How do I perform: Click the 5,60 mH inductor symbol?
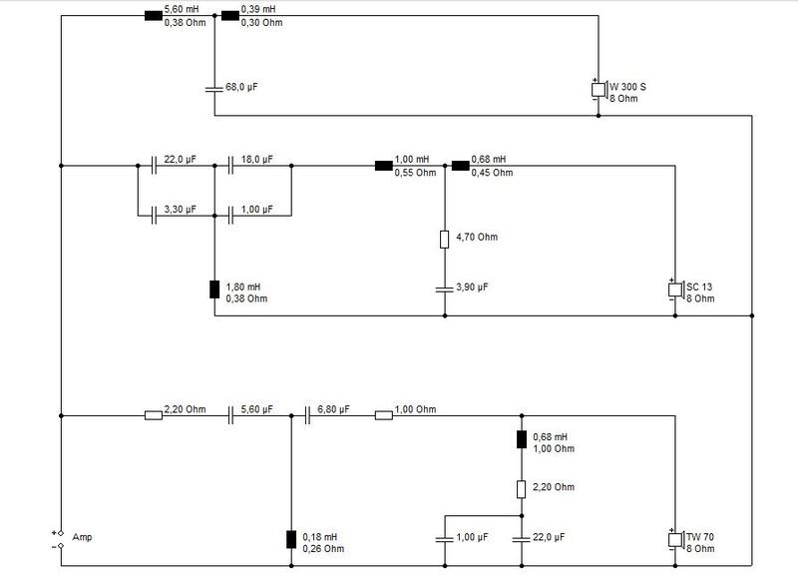(154, 16)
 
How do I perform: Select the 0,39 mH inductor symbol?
(230, 16)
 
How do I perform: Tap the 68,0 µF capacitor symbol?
(214, 89)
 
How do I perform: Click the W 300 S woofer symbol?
(599, 90)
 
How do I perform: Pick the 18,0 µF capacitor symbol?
(230, 166)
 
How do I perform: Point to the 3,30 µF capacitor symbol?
(154, 216)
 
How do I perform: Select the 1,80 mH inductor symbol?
(214, 290)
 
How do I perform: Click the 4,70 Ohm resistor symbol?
(444, 240)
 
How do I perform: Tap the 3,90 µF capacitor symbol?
(444, 290)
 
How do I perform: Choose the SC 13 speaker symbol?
(675, 290)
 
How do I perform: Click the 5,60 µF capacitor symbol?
(230, 415)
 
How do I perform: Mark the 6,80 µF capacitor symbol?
(307, 415)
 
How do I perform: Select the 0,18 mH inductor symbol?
(291, 539)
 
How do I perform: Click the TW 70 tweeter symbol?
(675, 540)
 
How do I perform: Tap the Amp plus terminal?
(61, 533)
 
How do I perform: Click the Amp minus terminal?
(61, 546)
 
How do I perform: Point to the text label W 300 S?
(628, 87)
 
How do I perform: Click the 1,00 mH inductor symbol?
(384, 166)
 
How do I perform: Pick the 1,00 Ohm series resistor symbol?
(384, 415)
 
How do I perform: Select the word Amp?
(82, 538)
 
